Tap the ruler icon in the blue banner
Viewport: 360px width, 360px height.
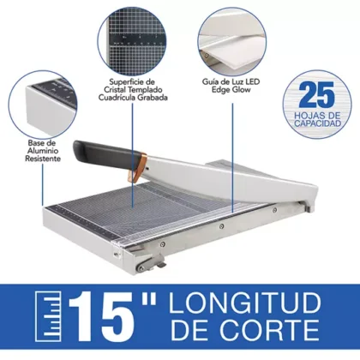(x=40, y=319)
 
